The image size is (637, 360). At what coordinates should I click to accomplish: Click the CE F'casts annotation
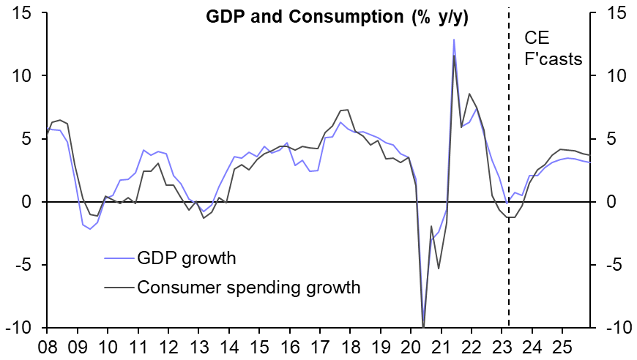point(553,48)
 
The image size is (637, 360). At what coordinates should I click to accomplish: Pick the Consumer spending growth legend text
point(249,287)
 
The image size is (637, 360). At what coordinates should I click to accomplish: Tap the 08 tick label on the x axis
point(48,346)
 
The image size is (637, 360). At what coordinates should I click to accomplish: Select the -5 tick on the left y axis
point(29,265)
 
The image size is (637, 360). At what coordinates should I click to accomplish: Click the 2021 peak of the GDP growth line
point(454,40)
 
